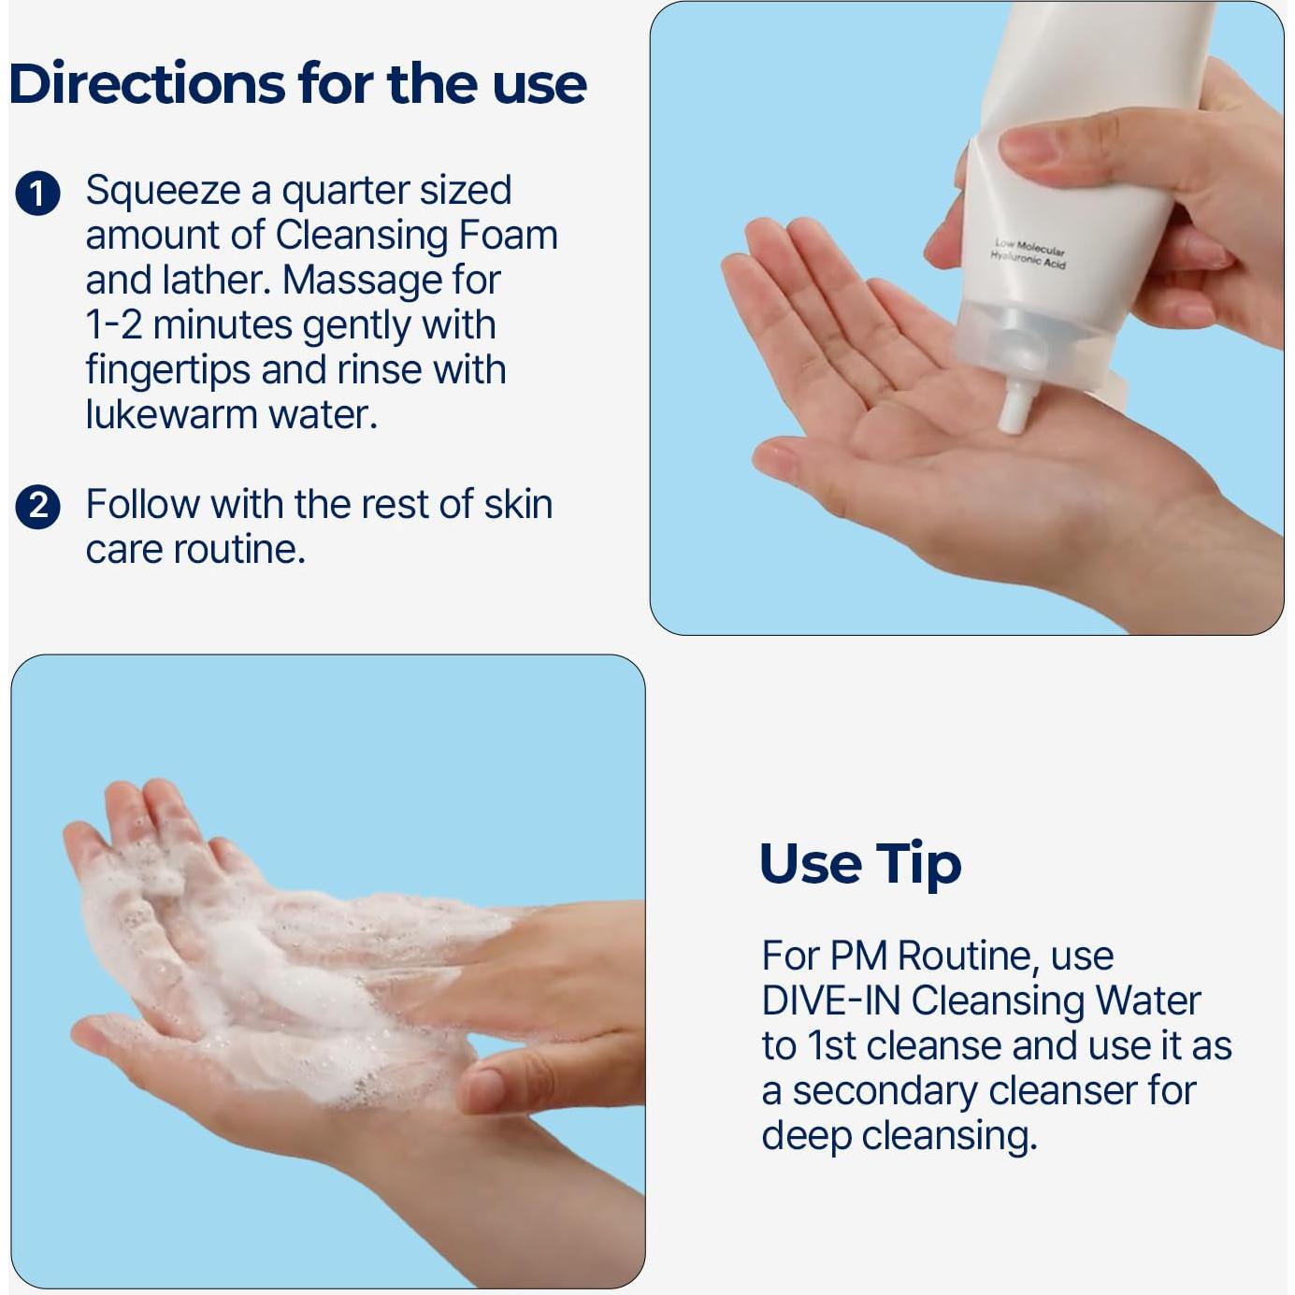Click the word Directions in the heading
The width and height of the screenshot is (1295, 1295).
click(x=147, y=83)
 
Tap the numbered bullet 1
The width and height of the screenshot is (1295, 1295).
click(x=37, y=194)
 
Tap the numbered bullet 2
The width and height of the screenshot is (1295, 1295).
click(x=37, y=507)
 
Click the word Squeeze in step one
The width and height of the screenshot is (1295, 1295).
click(x=163, y=191)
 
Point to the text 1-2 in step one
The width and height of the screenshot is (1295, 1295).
click(x=113, y=325)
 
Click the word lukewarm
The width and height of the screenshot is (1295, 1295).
click(x=170, y=414)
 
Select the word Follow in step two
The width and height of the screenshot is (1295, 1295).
click(x=142, y=505)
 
